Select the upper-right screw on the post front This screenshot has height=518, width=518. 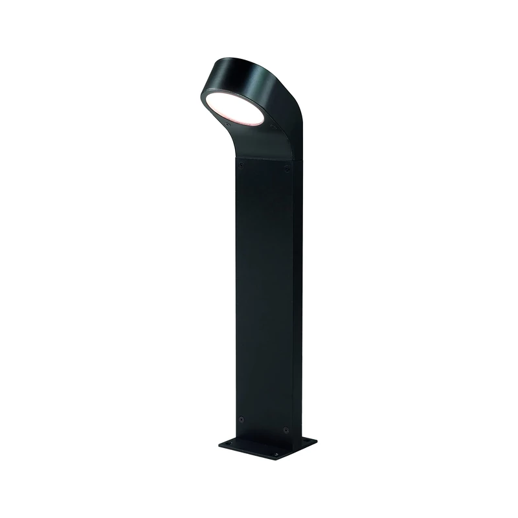(x=287, y=170)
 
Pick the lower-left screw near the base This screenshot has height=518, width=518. (x=241, y=419)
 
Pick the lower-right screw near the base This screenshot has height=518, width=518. (x=284, y=428)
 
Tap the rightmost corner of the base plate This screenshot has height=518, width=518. (x=317, y=440)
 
